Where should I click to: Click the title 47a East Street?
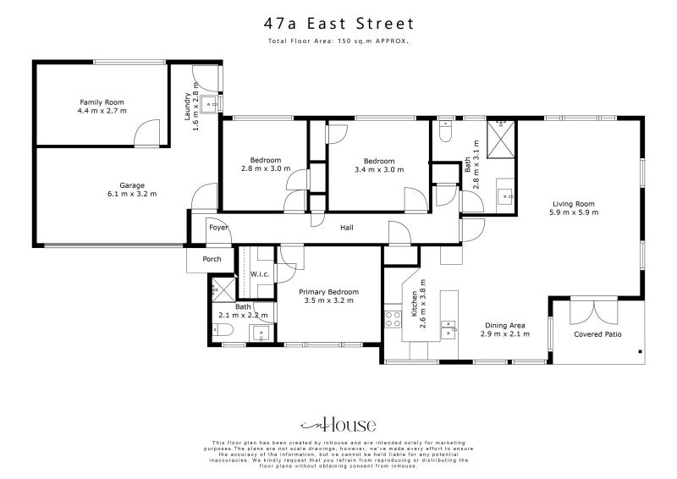338,26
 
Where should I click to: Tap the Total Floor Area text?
338,41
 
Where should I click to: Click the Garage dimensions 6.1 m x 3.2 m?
126,194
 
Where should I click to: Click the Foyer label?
219,228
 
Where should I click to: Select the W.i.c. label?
260,273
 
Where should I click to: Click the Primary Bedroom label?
328,291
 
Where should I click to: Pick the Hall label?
347,228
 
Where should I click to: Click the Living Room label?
575,203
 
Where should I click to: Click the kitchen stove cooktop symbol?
394,319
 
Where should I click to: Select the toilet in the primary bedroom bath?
219,334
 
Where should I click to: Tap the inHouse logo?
338,426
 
